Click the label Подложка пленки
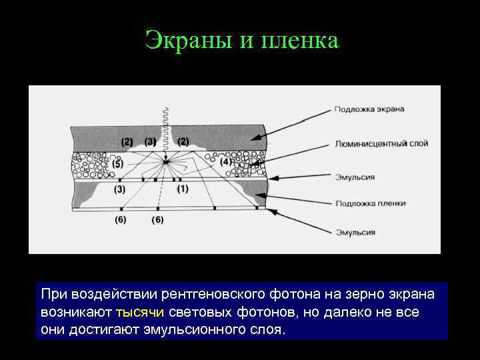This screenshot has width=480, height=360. click(370, 203)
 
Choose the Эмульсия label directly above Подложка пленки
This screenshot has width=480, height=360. click(355, 177)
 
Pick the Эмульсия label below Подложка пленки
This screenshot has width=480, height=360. click(355, 233)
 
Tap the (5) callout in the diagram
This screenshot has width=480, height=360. click(117, 163)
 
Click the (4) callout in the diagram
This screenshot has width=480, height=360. click(225, 161)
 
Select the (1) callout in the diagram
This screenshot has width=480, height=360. click(183, 189)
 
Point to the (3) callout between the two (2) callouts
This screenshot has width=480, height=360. click(151, 141)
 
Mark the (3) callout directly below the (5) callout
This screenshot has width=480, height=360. click(120, 189)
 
